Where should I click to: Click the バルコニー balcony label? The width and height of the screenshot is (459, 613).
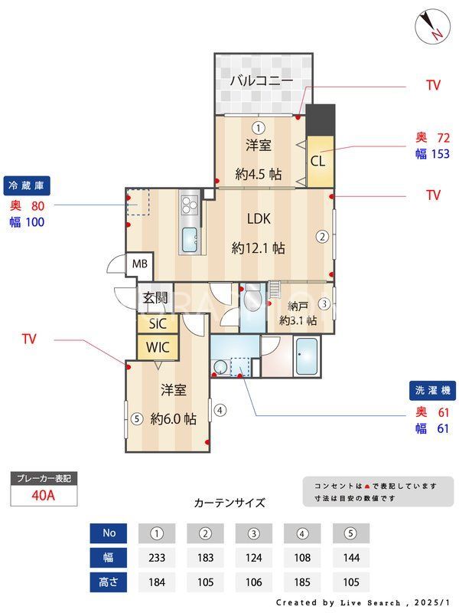click(x=261, y=80)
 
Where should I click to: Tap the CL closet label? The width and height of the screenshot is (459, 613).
click(x=317, y=162)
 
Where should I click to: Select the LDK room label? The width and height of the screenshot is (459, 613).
click(x=259, y=218)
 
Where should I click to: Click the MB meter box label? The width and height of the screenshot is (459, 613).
click(x=140, y=264)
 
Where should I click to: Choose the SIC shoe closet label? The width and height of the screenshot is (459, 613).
click(x=158, y=323)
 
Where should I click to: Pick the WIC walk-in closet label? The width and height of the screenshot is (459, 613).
click(x=158, y=346)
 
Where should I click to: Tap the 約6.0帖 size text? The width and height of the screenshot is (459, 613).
click(x=173, y=419)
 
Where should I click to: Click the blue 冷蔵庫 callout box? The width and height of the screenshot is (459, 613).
click(x=28, y=185)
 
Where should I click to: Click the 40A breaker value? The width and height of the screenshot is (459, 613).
click(x=44, y=495)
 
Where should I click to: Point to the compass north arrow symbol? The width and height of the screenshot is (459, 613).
click(x=432, y=28)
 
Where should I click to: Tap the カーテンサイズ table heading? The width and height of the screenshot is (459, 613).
click(x=229, y=503)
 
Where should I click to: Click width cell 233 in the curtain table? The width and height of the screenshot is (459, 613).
click(x=157, y=557)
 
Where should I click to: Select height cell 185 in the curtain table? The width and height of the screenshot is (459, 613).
click(x=302, y=582)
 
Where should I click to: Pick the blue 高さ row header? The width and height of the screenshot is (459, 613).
click(x=108, y=582)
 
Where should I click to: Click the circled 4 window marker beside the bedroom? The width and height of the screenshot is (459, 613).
click(x=220, y=410)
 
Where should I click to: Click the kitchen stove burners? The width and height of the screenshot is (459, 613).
click(x=190, y=205)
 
